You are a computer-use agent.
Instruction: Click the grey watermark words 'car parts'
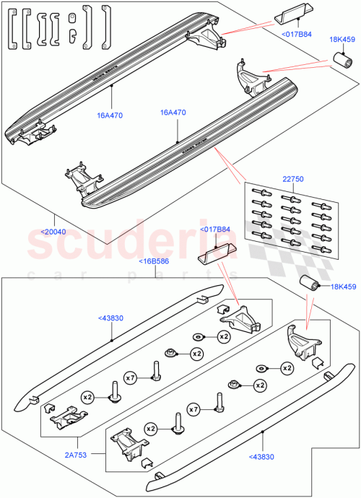pos(180,275)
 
